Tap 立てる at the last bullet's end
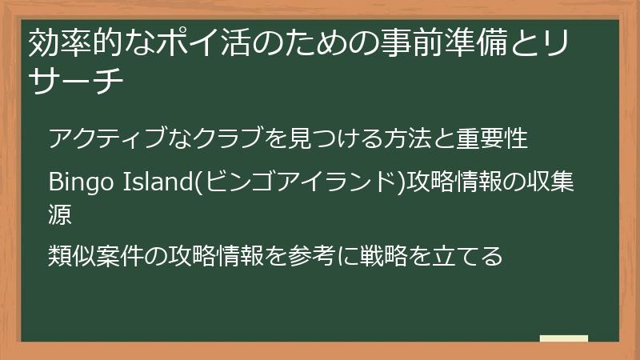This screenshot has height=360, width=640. pos(470,256)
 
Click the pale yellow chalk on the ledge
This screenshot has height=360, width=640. pos(564,338)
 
